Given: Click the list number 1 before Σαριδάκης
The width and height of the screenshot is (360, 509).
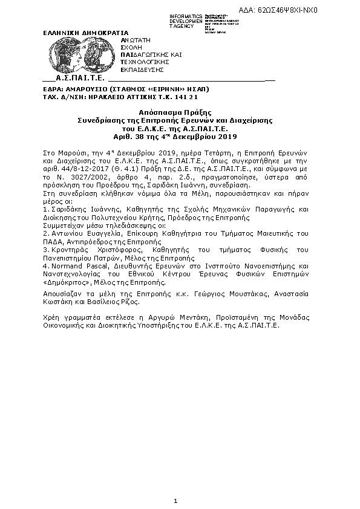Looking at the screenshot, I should click(x=45, y=209).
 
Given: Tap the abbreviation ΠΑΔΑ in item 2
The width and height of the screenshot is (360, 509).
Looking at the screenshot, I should click(x=52, y=241).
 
